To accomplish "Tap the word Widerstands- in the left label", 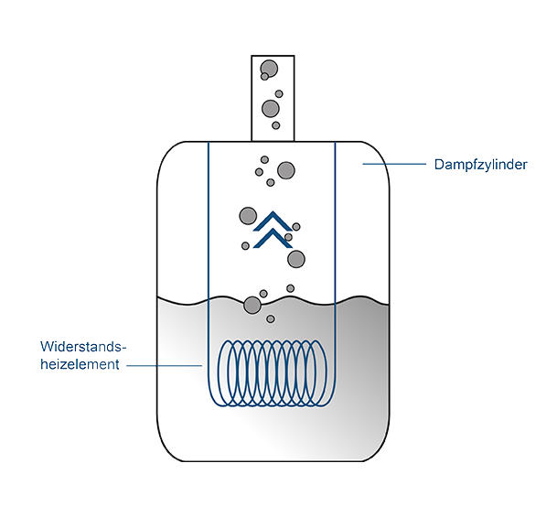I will coord(82,347).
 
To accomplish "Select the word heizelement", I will coord(80,364).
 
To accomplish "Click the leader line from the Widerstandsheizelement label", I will coord(165,365).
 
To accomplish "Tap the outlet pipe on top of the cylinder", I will coord(271,97).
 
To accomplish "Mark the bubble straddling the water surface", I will coord(252,305).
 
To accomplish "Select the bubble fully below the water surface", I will coord(270,319).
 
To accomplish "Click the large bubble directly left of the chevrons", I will coord(248,216).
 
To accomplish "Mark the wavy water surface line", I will coord(366,298).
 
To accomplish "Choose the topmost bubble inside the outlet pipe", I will coord(269,68).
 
